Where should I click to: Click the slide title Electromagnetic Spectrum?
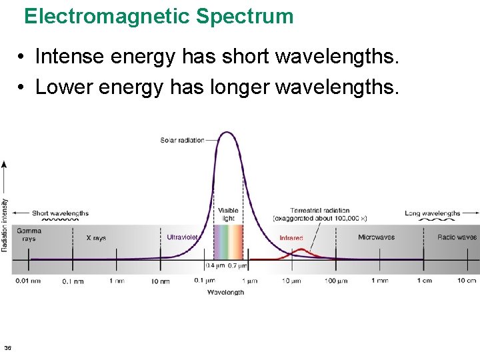coord(159,16)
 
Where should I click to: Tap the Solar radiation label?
coord(182,140)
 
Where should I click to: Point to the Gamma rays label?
coord(29,235)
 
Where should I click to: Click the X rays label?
coord(96,237)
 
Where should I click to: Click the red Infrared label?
coord(291,238)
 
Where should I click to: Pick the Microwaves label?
coord(376,237)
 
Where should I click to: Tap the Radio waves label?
coord(457,237)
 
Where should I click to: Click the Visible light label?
coord(227,215)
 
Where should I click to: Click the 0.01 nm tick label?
coord(27,281)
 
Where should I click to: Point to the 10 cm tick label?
coord(467,281)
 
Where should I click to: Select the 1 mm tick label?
coord(379,281)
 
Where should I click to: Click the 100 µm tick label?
coord(336,281)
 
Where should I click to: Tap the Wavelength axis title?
coord(225,292)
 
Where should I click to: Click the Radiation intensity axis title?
coord(5,224)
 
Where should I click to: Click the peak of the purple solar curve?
coord(227,132)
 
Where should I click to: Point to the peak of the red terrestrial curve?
coord(303,250)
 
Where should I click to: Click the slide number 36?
coord(7,347)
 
